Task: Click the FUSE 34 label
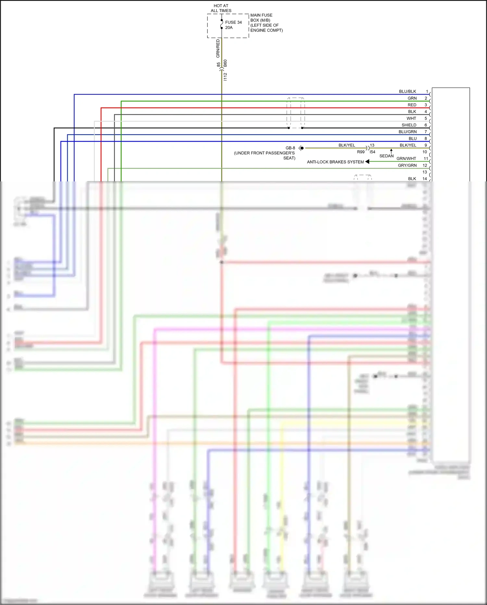coord(233,22)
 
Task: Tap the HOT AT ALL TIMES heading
coord(221,8)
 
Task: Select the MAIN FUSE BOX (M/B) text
coord(261,18)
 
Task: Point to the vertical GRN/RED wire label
coord(218,48)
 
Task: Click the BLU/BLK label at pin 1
coord(407,92)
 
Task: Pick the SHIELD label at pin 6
coord(409,125)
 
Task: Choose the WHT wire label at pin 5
coord(411,118)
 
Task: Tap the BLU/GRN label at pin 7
coord(407,132)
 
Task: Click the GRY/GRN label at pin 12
coord(407,165)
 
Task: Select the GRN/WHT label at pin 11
coord(406,159)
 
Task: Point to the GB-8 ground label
coord(290,148)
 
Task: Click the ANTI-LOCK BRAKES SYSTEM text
coord(335,162)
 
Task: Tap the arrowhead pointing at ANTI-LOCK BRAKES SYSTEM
coord(367,162)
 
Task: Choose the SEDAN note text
coord(386,156)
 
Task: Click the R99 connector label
coord(361,152)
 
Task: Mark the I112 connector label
coord(225,77)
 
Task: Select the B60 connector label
coord(225,63)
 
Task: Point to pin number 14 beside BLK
coord(425,179)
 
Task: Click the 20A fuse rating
coord(229,28)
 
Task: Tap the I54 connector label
coord(372,152)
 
